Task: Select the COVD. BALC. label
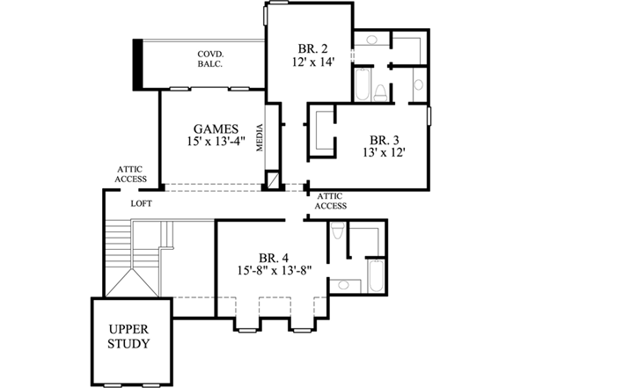[x=209, y=59]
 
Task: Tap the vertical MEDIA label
[x=260, y=137]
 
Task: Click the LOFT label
[x=142, y=203]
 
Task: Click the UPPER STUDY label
[x=128, y=336]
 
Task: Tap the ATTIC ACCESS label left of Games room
[x=130, y=175]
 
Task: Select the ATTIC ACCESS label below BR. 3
[x=331, y=201]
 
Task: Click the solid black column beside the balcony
[x=138, y=63]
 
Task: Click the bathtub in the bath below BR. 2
[x=363, y=85]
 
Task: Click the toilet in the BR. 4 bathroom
[x=339, y=232]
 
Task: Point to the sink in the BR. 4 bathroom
[x=345, y=284]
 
